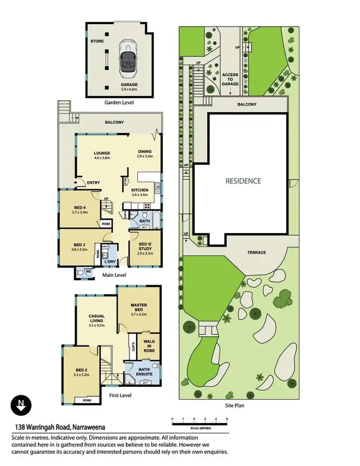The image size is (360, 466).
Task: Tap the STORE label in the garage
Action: coord(97,41)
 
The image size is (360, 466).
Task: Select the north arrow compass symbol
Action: coord(20,405)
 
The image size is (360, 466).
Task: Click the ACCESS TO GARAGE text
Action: coord(230,79)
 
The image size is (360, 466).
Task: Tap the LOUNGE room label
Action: coord(102,155)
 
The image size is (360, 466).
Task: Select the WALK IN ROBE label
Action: coord(148,346)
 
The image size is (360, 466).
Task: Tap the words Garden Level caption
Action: coord(119,102)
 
